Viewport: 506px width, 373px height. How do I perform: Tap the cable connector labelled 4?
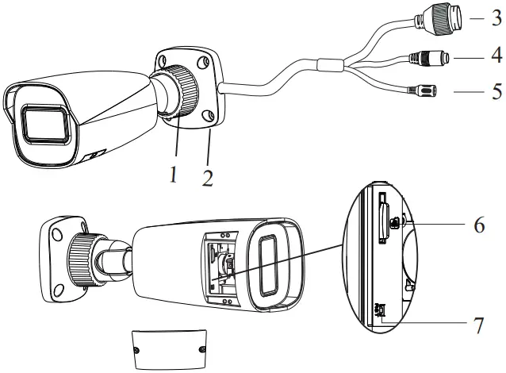click(429, 59)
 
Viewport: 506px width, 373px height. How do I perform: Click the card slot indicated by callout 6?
click(383, 218)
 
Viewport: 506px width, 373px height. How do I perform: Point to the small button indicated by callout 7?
click(381, 313)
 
